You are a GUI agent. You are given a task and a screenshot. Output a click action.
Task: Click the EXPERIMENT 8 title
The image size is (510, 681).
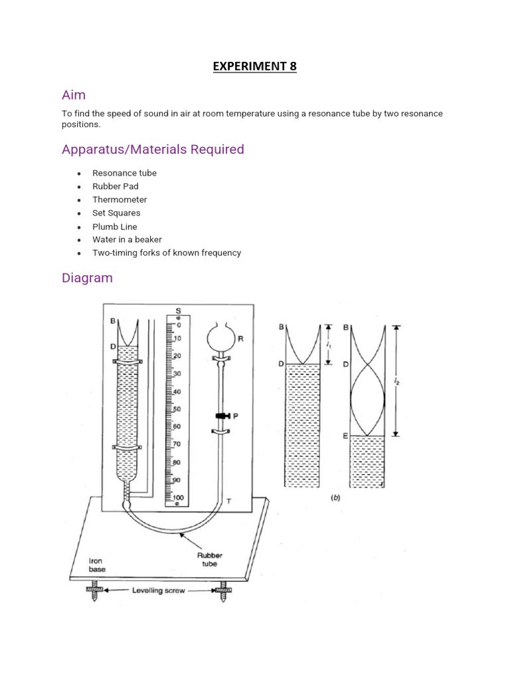pyautogui.click(x=254, y=66)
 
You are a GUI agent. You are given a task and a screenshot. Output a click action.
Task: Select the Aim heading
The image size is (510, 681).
pyautogui.click(x=74, y=95)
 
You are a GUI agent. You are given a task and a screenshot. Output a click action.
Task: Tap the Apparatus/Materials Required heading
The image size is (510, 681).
pyautogui.click(x=153, y=149)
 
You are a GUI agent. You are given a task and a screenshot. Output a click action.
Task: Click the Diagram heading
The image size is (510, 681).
pyautogui.click(x=87, y=277)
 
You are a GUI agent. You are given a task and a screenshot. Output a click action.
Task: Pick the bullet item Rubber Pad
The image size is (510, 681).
pyautogui.click(x=116, y=186)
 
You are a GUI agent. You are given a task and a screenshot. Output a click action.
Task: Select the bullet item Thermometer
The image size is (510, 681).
pyautogui.click(x=120, y=200)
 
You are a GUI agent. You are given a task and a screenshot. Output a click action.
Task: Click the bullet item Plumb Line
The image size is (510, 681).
pyautogui.click(x=115, y=227)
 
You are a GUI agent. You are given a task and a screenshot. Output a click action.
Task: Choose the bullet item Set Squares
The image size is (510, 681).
pyautogui.click(x=116, y=213)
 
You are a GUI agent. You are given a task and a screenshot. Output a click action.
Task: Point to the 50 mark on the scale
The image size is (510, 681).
pyautogui.click(x=177, y=409)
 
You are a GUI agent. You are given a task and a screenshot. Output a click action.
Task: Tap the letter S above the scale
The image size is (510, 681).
pyautogui.click(x=178, y=310)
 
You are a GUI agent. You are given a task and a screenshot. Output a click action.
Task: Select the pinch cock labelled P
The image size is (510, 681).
pyautogui.click(x=221, y=416)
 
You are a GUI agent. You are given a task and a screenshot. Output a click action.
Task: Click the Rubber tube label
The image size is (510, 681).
pyautogui.click(x=210, y=560)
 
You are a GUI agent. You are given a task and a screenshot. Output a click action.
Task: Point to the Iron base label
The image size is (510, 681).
pyautogui.click(x=98, y=565)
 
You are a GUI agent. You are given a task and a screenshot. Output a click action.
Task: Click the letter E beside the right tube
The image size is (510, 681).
pyautogui.click(x=345, y=436)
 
